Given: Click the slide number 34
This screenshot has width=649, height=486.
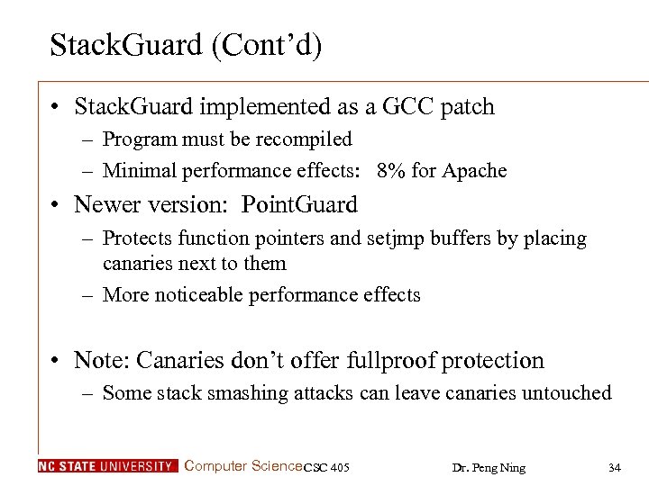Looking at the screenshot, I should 615,467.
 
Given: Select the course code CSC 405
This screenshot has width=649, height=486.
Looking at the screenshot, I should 326,467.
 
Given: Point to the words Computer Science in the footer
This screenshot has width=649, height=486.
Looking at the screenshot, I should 242,466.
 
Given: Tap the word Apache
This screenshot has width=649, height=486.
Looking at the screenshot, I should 475,170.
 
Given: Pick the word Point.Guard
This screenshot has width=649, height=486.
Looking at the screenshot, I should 299,205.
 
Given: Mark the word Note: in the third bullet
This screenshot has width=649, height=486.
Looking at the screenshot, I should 101,361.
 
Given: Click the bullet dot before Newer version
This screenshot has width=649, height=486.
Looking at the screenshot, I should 56,205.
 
